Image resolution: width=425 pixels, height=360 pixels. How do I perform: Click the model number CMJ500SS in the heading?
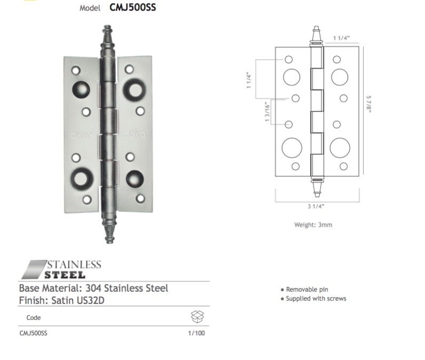[133, 7]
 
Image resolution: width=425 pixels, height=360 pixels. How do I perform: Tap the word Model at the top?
[90, 8]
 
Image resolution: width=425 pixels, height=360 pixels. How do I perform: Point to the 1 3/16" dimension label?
[266, 113]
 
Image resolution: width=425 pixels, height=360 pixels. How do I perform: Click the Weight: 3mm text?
[313, 225]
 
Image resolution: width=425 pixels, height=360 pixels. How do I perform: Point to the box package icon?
[197, 317]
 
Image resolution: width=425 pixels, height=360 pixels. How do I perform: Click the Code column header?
[34, 318]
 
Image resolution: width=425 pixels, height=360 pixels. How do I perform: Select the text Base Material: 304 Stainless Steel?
[93, 288]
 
